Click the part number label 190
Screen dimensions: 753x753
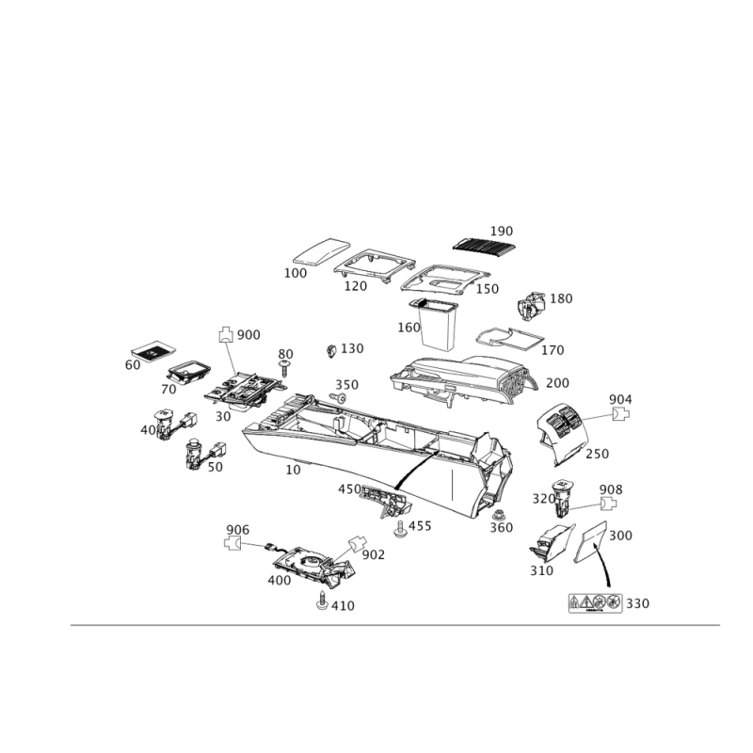tap(502, 231)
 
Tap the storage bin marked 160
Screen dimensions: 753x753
tap(436, 325)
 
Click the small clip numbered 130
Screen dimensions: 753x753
tap(330, 350)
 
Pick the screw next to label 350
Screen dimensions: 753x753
tap(339, 397)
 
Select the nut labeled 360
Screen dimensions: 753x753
tap(498, 515)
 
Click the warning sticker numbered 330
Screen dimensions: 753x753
tap(596, 603)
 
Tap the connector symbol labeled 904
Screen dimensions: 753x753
tap(621, 414)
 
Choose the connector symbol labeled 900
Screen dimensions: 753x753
tap(226, 334)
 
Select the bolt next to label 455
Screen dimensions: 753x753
tap(399, 529)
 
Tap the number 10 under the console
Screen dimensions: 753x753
tap(293, 470)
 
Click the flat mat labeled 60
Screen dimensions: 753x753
tap(153, 351)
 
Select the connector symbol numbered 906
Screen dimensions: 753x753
tap(232, 543)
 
